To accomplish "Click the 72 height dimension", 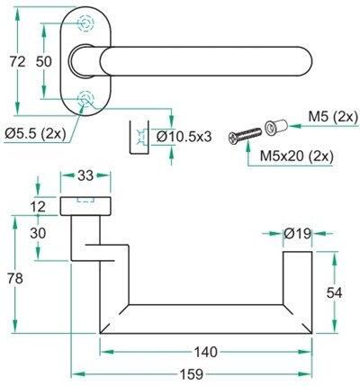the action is tap(17, 62).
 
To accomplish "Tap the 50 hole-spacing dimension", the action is tap(44, 62).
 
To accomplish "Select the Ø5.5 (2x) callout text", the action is tap(35, 133).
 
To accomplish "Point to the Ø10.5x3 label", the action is tap(184, 137).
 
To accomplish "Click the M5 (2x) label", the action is tap(333, 117).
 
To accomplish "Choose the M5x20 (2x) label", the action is tap(296, 156).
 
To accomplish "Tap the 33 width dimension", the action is tap(85, 175).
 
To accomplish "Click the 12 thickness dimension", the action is tap(38, 207).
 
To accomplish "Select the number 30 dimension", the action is tap(38, 233).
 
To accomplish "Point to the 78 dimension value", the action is tap(15, 279).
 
